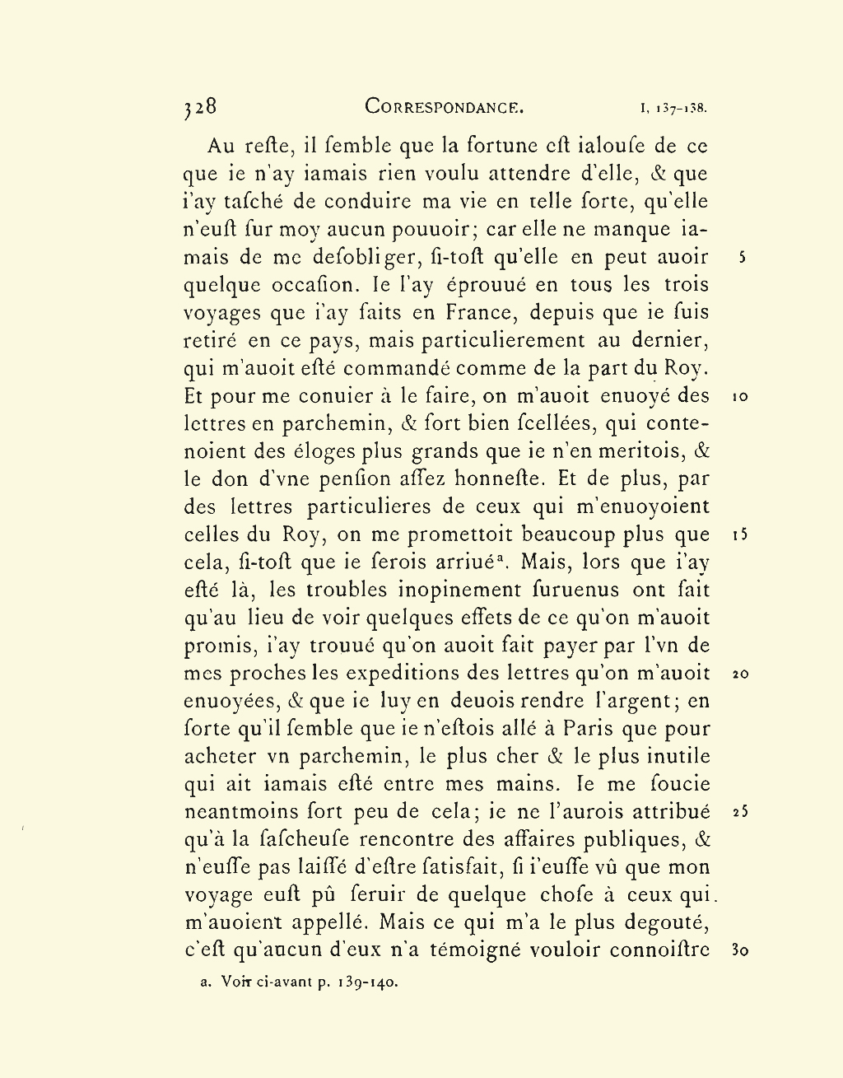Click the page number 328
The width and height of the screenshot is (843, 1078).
click(x=200, y=107)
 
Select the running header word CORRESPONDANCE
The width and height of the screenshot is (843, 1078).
click(x=445, y=107)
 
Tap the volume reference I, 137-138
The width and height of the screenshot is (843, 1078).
click(x=673, y=108)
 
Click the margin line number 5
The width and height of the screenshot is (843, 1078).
click(x=742, y=257)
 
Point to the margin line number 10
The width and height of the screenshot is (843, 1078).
click(x=740, y=396)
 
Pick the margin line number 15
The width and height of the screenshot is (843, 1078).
click(x=740, y=534)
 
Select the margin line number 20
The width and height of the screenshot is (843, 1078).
click(x=740, y=674)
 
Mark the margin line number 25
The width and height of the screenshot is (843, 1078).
click(x=740, y=812)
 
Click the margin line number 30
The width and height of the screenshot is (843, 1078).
click(x=740, y=950)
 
